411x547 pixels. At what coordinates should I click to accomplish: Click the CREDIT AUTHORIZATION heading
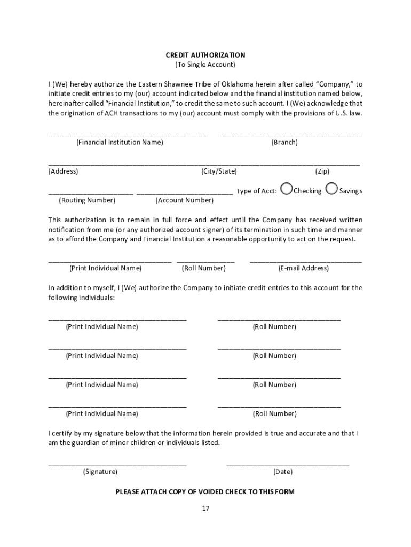[205, 55]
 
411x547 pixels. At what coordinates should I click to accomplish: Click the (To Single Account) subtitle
[205, 65]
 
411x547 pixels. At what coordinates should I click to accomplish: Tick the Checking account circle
[287, 189]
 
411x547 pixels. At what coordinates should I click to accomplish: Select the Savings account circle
[331, 189]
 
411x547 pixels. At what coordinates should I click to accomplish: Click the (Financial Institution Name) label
[120, 143]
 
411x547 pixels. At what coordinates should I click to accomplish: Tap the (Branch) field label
[284, 143]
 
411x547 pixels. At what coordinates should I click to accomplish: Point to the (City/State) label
[219, 171]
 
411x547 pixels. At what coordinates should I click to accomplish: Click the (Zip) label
[322, 171]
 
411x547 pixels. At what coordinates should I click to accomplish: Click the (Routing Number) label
[87, 200]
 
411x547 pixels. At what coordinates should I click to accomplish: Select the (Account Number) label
[185, 200]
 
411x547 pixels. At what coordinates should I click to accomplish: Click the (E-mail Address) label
[304, 268]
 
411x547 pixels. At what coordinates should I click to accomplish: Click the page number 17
[205, 509]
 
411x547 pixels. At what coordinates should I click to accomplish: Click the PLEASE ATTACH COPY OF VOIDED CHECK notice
[205, 492]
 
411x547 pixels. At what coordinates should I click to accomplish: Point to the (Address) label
[63, 171]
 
